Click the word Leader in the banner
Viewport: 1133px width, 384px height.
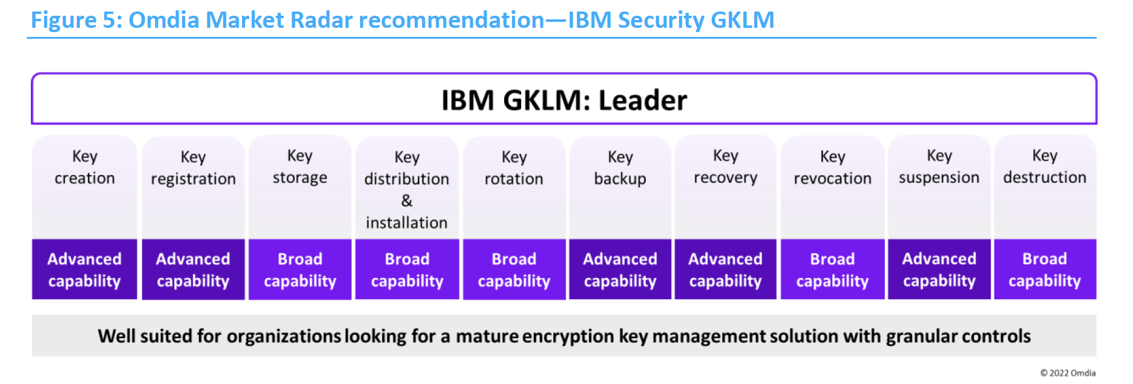[642, 101]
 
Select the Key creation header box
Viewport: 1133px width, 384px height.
[85, 168]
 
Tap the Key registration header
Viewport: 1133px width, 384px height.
[193, 168]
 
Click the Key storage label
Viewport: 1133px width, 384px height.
[300, 167]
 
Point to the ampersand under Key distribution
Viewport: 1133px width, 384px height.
[407, 200]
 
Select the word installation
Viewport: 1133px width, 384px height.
[407, 223]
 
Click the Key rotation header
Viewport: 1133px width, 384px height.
[514, 168]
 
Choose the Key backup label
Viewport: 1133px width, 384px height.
[620, 168]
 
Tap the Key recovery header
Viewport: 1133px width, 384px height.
[725, 167]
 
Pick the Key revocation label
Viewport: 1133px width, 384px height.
[832, 168]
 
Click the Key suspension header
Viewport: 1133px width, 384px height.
[939, 167]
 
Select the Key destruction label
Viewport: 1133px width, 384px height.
[1045, 167]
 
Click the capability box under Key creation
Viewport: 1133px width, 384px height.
[85, 270]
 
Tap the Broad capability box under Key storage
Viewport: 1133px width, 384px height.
[300, 270]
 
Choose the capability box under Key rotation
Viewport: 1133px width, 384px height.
[514, 270]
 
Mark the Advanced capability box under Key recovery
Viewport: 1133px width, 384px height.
[725, 270]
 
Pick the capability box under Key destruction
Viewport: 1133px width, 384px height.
[1045, 270]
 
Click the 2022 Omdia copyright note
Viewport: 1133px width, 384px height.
[1068, 373]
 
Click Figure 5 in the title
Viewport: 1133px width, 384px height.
[76, 20]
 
